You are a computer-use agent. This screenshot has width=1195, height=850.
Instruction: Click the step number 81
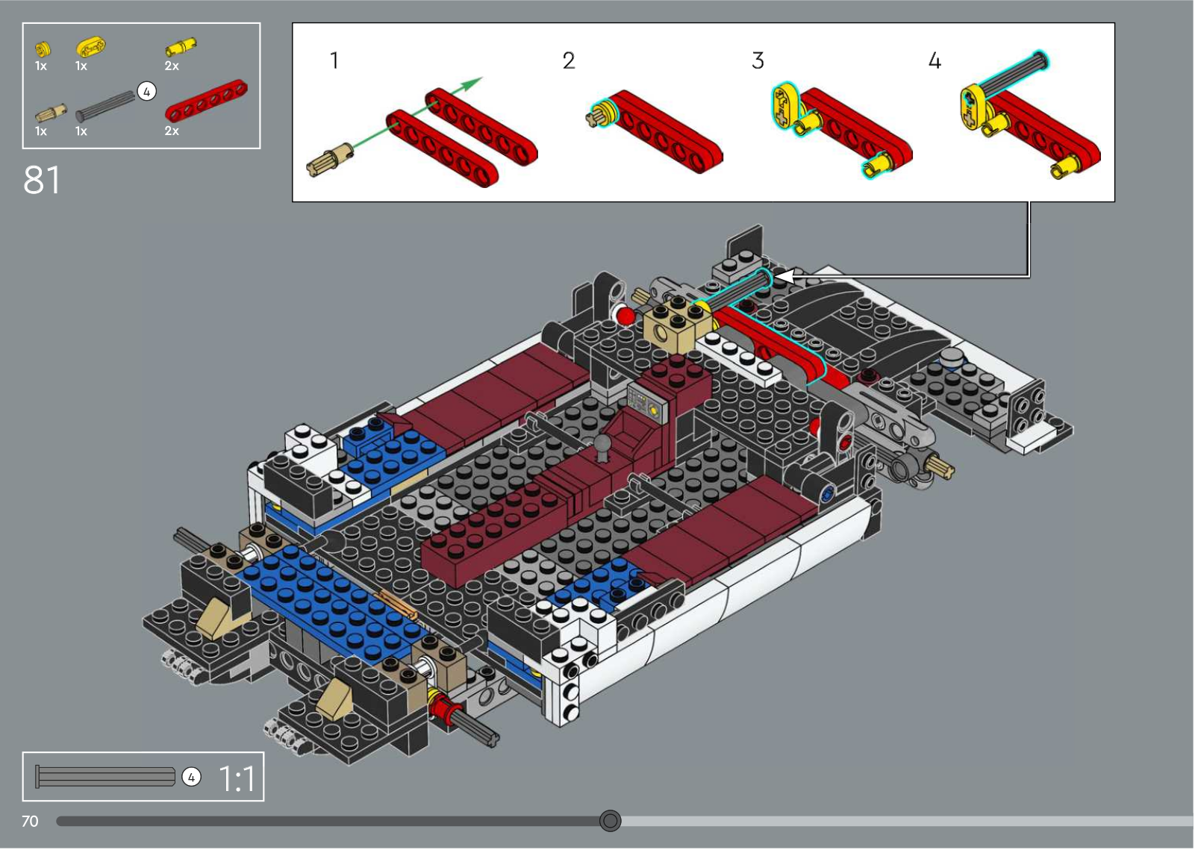click(42, 180)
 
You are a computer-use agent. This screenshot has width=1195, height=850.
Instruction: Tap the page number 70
click(30, 821)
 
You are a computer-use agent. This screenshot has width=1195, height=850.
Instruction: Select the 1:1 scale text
click(237, 779)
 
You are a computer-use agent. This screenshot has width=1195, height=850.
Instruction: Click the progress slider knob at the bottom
click(611, 821)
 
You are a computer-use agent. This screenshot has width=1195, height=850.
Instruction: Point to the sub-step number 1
click(334, 60)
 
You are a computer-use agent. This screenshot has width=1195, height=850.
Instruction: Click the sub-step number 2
click(569, 60)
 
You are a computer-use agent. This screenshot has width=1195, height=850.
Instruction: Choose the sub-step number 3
click(758, 60)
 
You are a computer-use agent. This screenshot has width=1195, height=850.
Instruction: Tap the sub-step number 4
click(935, 60)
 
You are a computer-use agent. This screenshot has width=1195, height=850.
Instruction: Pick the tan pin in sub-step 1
click(329, 158)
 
